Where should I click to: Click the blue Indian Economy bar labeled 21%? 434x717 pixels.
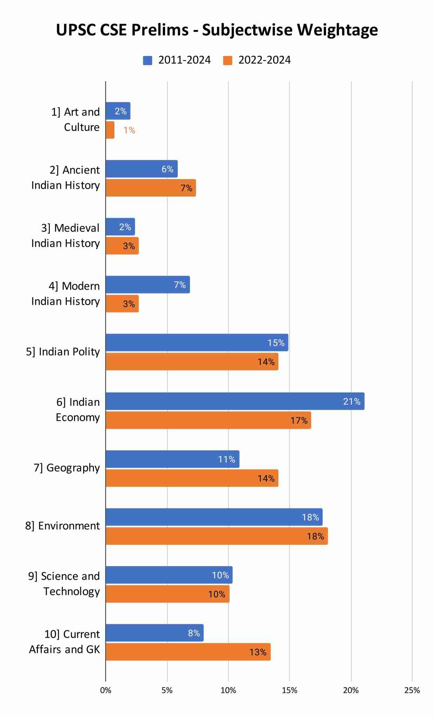click(x=235, y=401)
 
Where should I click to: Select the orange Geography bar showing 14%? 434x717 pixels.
click(x=192, y=478)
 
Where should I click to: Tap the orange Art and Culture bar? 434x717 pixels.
click(x=110, y=130)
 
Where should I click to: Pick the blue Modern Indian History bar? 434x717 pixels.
click(x=148, y=285)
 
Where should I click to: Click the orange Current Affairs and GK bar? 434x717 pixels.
click(x=188, y=652)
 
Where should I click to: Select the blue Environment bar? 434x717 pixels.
click(x=214, y=517)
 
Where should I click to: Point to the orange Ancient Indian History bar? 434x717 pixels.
click(x=151, y=188)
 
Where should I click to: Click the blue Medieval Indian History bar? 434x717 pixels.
click(x=120, y=227)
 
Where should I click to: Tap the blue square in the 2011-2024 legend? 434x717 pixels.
click(x=148, y=60)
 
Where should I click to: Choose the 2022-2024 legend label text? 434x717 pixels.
click(x=264, y=60)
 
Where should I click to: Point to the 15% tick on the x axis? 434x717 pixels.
click(x=290, y=690)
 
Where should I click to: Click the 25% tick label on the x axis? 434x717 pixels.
click(x=412, y=690)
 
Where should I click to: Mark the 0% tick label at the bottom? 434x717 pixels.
click(x=106, y=690)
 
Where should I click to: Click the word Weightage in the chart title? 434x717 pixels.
click(x=337, y=30)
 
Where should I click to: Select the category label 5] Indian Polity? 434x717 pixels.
click(x=63, y=351)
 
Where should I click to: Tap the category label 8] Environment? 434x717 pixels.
click(x=62, y=526)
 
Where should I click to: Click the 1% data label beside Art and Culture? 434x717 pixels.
click(x=129, y=130)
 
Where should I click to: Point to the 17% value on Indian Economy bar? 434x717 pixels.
click(x=299, y=420)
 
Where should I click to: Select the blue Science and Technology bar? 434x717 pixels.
click(x=169, y=575)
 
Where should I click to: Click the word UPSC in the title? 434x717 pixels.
click(x=76, y=30)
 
